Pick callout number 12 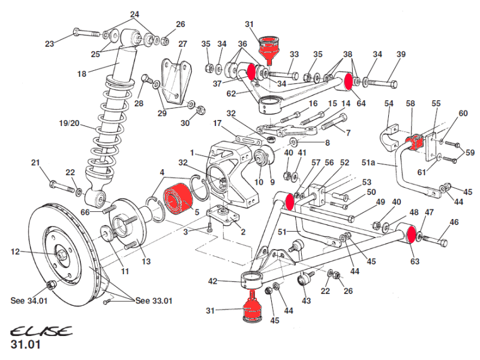(x=16, y=252)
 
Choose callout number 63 (x=414, y=262)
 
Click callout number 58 (x=410, y=104)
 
